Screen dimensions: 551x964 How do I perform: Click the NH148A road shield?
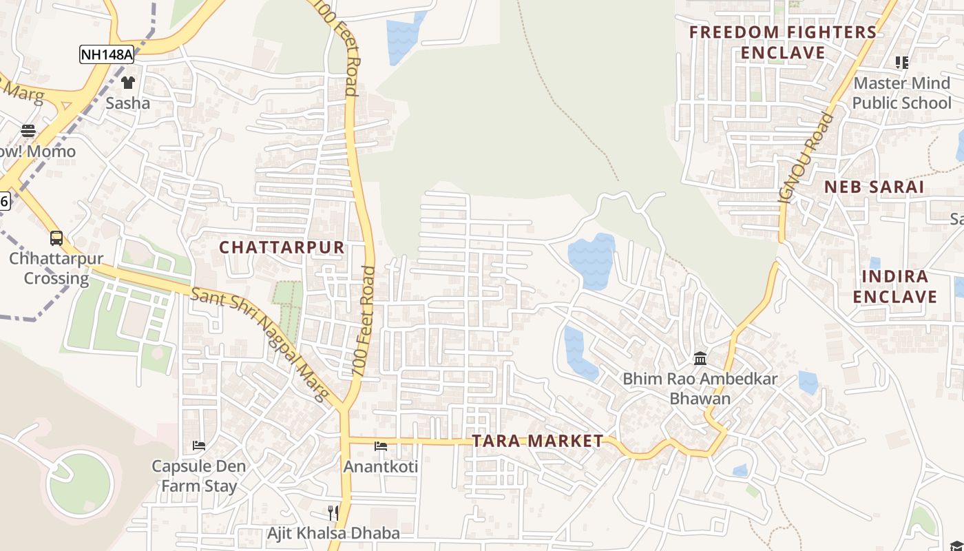(x=106, y=54)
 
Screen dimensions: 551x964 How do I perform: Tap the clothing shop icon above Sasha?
(x=128, y=83)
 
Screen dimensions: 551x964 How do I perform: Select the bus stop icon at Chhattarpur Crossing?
(x=56, y=238)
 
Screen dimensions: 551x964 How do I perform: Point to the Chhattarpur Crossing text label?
(x=56, y=269)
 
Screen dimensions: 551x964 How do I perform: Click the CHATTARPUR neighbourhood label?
(x=282, y=247)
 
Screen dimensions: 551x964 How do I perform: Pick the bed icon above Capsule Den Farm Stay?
(x=199, y=446)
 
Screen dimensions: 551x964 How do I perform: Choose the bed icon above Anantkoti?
(x=381, y=446)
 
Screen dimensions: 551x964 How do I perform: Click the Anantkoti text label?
(x=381, y=466)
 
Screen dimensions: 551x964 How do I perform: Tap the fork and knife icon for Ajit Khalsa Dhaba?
(x=333, y=512)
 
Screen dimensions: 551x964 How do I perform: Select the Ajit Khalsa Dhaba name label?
(x=333, y=533)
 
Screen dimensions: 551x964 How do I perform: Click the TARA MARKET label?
(x=538, y=441)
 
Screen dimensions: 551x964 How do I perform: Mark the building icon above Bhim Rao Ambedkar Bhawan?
(x=701, y=358)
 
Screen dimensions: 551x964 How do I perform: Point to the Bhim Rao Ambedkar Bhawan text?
(x=700, y=388)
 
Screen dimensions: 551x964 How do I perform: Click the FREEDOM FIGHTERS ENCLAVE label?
(x=783, y=42)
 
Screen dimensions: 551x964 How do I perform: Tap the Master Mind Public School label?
(x=901, y=93)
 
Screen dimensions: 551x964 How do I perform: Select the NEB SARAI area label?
(x=874, y=187)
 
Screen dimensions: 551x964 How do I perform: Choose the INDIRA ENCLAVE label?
(x=895, y=287)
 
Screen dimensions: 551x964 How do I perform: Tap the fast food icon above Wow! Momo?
(x=28, y=130)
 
